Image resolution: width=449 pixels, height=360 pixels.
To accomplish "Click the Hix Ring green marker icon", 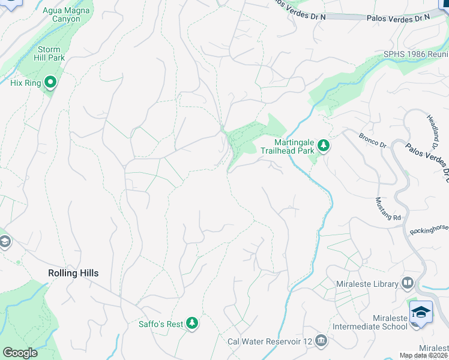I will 50,83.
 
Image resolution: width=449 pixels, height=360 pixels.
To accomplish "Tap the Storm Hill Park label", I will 49,53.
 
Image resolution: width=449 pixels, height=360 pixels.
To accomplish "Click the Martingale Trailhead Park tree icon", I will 324,146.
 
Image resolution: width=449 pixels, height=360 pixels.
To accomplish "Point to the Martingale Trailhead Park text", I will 286,146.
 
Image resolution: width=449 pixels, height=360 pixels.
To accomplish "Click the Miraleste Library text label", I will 372,284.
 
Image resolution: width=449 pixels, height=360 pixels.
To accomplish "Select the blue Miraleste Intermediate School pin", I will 421,313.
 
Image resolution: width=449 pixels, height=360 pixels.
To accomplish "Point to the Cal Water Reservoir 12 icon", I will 321,341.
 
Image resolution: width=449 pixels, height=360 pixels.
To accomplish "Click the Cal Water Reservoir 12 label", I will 270,341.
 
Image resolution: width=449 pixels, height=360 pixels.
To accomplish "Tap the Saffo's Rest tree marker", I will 192,324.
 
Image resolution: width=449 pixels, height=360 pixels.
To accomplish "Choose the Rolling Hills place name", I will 73,273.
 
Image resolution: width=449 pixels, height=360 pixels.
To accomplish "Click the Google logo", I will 20,353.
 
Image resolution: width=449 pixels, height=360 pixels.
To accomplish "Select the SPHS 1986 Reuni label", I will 416,54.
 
